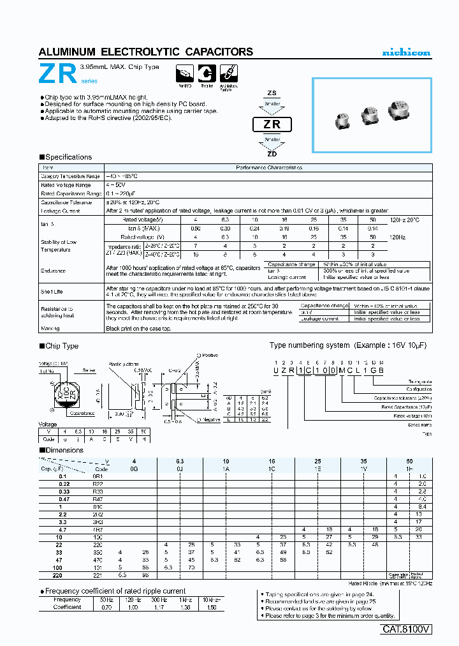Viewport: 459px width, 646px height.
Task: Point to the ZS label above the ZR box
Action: pos(272,93)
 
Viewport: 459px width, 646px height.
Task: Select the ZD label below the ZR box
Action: pos(272,153)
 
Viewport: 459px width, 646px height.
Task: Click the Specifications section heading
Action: pos(68,157)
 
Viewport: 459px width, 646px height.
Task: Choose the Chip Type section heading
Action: pos(61,346)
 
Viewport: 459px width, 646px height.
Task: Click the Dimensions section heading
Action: pos(64,450)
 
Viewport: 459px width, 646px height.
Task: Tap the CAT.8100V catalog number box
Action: pos(407,629)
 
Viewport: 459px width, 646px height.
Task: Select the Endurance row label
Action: pos(54,271)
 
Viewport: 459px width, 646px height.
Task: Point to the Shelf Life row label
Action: pos(52,290)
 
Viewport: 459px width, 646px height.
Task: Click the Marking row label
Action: pos(50,328)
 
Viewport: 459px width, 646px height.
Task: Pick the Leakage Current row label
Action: pos(61,210)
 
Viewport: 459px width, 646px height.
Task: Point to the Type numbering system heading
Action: pos(309,345)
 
